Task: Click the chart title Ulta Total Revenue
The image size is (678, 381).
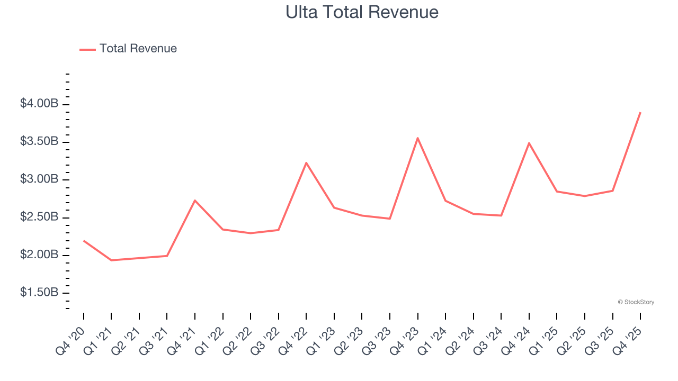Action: [362, 12]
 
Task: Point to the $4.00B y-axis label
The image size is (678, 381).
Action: [39, 104]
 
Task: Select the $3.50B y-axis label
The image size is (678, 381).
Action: [39, 142]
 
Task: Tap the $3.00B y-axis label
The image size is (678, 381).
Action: [39, 179]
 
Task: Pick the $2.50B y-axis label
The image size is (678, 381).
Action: [39, 217]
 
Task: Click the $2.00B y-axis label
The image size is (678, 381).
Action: [39, 255]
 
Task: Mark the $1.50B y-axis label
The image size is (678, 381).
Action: [39, 292]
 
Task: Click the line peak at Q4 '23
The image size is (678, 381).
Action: [417, 138]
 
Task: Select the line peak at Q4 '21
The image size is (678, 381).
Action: [195, 201]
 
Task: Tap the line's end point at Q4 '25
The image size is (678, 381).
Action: [640, 113]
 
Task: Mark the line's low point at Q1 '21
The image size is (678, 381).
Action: [111, 260]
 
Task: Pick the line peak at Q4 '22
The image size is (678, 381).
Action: [306, 163]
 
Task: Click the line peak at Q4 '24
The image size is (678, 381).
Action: [529, 143]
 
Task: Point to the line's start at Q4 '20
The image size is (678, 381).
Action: [84, 241]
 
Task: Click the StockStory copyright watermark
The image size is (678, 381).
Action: [636, 302]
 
